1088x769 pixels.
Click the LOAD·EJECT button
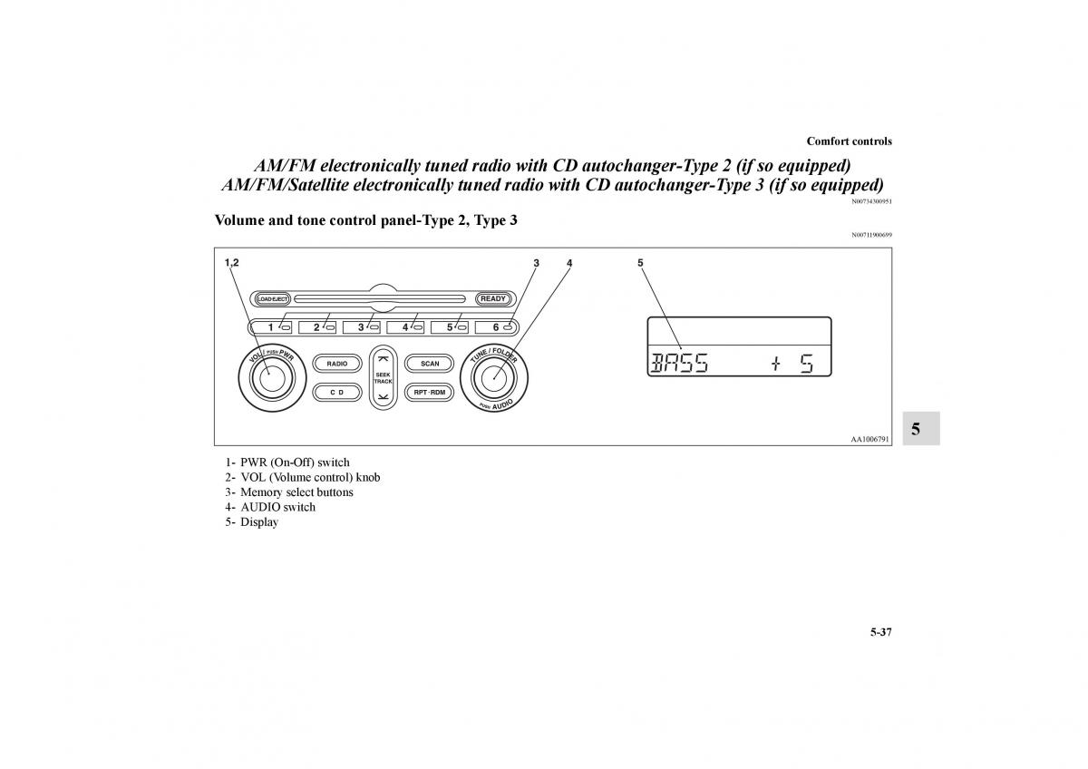[273, 299]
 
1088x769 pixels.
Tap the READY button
[493, 298]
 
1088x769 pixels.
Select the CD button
[336, 393]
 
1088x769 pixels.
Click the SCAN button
[430, 364]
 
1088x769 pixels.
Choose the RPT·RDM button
[430, 393]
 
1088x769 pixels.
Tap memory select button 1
[272, 327]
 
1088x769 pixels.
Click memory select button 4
[405, 327]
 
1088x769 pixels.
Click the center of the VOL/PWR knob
[272, 378]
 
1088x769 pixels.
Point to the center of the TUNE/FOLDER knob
[494, 378]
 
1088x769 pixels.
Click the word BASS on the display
[679, 363]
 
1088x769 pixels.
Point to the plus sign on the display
[776, 364]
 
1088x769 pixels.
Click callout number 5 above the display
[640, 263]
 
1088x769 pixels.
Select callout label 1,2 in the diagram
[232, 263]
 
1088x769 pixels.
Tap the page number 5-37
[881, 632]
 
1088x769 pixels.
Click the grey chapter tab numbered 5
[921, 428]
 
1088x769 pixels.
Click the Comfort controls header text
[849, 141]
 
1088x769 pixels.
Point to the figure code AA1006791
[869, 439]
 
